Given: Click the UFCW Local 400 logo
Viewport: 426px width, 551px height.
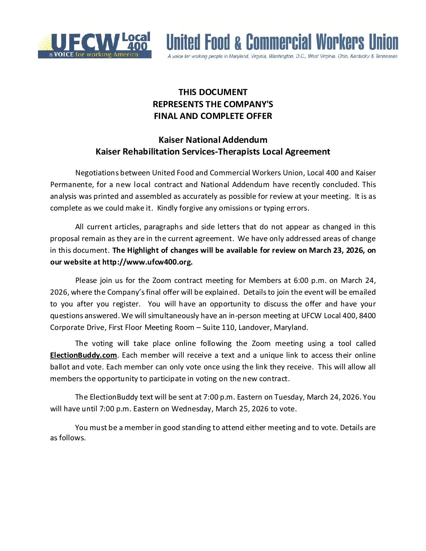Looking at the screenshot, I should [x=94, y=45].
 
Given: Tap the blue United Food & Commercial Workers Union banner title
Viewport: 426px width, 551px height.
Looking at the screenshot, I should [x=282, y=42].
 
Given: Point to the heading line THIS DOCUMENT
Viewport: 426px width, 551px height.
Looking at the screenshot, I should [x=213, y=92].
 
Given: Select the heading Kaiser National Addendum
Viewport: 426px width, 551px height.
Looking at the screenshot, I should [x=213, y=140].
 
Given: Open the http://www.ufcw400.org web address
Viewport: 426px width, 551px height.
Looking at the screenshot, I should [x=147, y=262].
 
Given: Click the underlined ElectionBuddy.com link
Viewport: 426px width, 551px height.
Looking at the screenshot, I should [x=83, y=355].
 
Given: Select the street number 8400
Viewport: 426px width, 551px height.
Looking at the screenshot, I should [x=367, y=316].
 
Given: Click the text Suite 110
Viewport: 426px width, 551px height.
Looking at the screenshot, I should [x=218, y=328].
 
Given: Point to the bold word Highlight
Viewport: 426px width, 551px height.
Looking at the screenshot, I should [x=144, y=250].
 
